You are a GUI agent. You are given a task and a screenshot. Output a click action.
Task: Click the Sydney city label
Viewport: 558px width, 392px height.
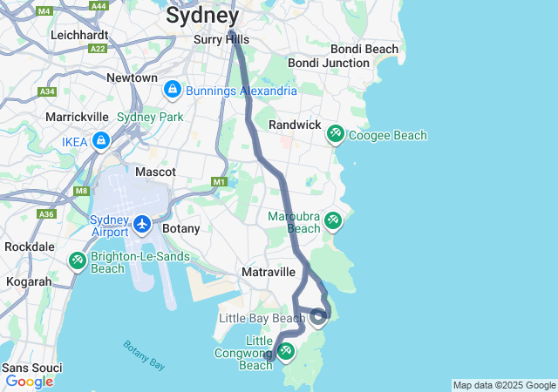[x=202, y=15]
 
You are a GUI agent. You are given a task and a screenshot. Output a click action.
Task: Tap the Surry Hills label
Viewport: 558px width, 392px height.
[x=221, y=39]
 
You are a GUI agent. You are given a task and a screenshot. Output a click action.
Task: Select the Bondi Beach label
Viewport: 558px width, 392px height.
[x=364, y=50]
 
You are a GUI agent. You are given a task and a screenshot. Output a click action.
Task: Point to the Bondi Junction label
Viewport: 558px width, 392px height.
[x=329, y=64]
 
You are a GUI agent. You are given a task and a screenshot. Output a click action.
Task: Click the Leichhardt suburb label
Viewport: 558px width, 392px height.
[x=79, y=35]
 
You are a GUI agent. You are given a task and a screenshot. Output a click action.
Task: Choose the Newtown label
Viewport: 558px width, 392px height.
[x=132, y=78]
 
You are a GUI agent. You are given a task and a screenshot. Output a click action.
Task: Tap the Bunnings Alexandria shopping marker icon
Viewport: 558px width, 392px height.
[x=173, y=90]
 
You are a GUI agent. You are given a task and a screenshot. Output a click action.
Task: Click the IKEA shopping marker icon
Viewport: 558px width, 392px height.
[x=102, y=139]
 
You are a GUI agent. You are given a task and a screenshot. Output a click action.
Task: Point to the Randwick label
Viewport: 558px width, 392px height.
[x=295, y=125]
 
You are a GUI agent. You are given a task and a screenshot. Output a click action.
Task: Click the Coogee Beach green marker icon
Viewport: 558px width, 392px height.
[x=335, y=134]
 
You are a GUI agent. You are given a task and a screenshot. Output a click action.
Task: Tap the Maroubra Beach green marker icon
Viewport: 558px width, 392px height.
[x=332, y=220]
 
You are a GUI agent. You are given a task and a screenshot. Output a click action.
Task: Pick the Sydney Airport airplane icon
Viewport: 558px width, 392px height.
[x=142, y=225]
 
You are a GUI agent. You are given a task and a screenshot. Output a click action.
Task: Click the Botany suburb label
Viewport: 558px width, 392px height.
[x=181, y=228]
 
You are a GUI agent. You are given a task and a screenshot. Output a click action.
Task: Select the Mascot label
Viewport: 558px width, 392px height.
[x=155, y=172]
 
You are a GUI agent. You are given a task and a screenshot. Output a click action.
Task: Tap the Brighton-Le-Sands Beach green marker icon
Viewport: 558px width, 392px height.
[x=78, y=260]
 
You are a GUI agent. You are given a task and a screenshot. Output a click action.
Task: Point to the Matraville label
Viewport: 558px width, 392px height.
[x=269, y=272]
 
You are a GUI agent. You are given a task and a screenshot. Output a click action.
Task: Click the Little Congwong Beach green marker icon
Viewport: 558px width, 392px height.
[x=285, y=351]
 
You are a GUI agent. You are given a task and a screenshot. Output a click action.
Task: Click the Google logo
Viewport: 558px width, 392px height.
[x=29, y=381]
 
